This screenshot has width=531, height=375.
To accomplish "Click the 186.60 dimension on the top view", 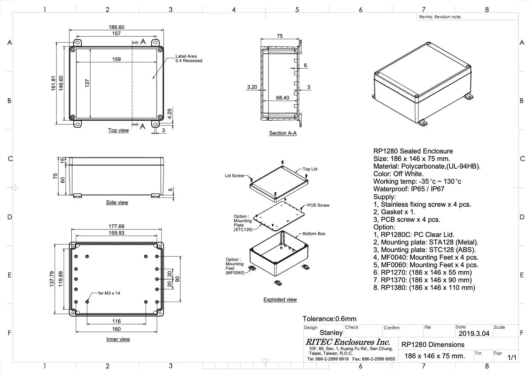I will (116, 27).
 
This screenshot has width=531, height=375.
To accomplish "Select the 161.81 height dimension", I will (54, 83).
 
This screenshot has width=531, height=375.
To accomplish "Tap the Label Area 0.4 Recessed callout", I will (189, 59).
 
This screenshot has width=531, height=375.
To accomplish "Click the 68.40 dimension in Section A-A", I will (282, 98).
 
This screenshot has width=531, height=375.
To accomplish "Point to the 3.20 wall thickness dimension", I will (252, 87).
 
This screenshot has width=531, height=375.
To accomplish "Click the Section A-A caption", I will (283, 133).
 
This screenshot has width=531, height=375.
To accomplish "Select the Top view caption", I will (118, 130).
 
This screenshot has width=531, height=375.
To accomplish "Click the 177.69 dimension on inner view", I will (116, 226).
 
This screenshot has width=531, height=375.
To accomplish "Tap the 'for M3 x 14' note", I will (109, 293).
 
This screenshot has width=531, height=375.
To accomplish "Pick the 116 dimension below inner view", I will (116, 321).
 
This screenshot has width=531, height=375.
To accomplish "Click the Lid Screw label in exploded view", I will (234, 176).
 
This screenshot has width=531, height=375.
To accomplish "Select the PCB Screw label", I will (318, 205).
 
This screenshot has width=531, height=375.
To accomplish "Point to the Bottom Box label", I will (314, 234).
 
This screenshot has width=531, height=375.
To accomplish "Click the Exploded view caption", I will (280, 299).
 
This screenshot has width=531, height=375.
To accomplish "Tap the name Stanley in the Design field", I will (331, 333).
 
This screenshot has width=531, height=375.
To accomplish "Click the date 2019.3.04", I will (474, 334).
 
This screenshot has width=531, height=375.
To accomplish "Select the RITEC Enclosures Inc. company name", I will (347, 342).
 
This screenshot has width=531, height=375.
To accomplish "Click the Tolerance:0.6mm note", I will (329, 319).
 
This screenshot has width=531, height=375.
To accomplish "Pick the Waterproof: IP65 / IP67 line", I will (409, 189).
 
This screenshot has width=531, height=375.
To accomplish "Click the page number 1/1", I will (512, 358).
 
